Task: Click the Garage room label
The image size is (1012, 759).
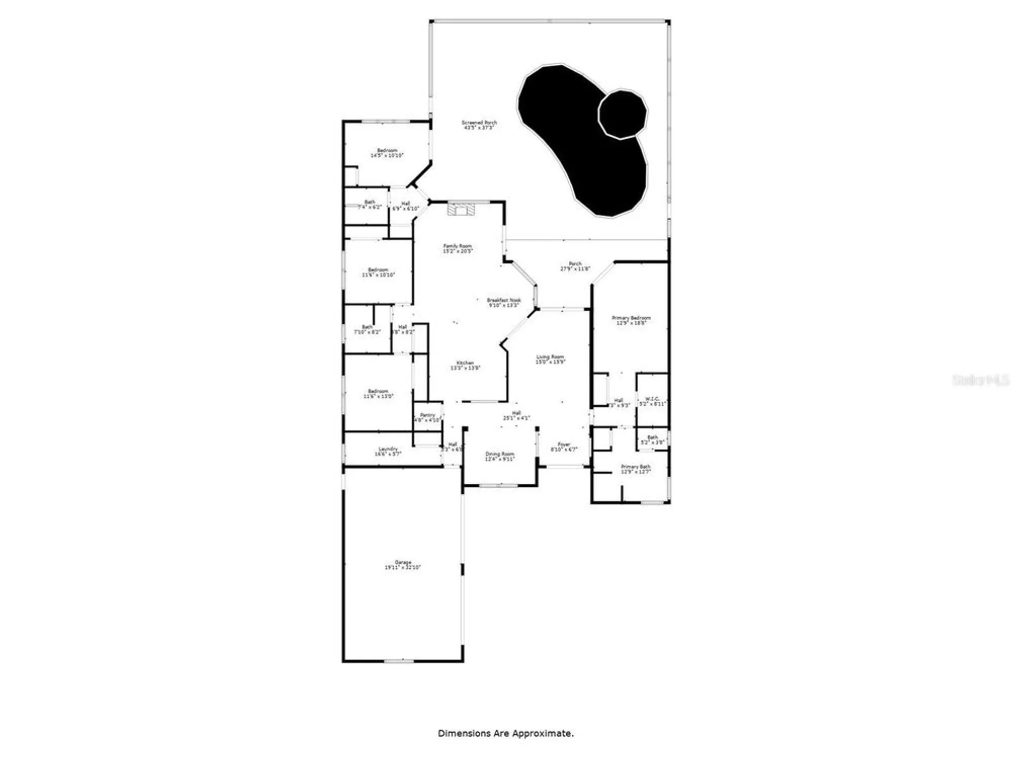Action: click(x=403, y=565)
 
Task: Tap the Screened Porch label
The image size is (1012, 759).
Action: click(x=479, y=125)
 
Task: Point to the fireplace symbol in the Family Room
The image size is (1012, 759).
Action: click(x=460, y=209)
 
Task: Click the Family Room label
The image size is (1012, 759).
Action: click(x=457, y=248)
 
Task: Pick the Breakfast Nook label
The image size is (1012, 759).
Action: click(x=503, y=303)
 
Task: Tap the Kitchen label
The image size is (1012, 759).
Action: click(x=465, y=365)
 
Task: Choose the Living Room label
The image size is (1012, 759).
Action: click(x=550, y=359)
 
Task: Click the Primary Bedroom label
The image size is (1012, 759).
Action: click(x=631, y=320)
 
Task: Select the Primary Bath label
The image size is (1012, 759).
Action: click(x=636, y=469)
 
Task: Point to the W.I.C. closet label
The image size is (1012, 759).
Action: click(x=652, y=401)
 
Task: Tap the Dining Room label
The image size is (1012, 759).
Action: click(x=499, y=456)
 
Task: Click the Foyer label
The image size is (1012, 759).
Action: click(x=564, y=447)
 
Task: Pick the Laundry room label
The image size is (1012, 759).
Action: click(x=388, y=451)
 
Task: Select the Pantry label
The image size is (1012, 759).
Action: click(x=428, y=417)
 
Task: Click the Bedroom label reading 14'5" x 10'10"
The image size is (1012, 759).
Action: click(x=387, y=153)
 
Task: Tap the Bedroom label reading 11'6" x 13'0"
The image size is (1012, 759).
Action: click(x=378, y=394)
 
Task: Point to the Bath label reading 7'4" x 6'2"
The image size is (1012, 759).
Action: click(x=369, y=204)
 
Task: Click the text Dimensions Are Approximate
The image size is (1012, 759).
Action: click(x=505, y=733)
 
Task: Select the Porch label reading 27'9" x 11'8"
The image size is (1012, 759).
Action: click(x=575, y=266)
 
